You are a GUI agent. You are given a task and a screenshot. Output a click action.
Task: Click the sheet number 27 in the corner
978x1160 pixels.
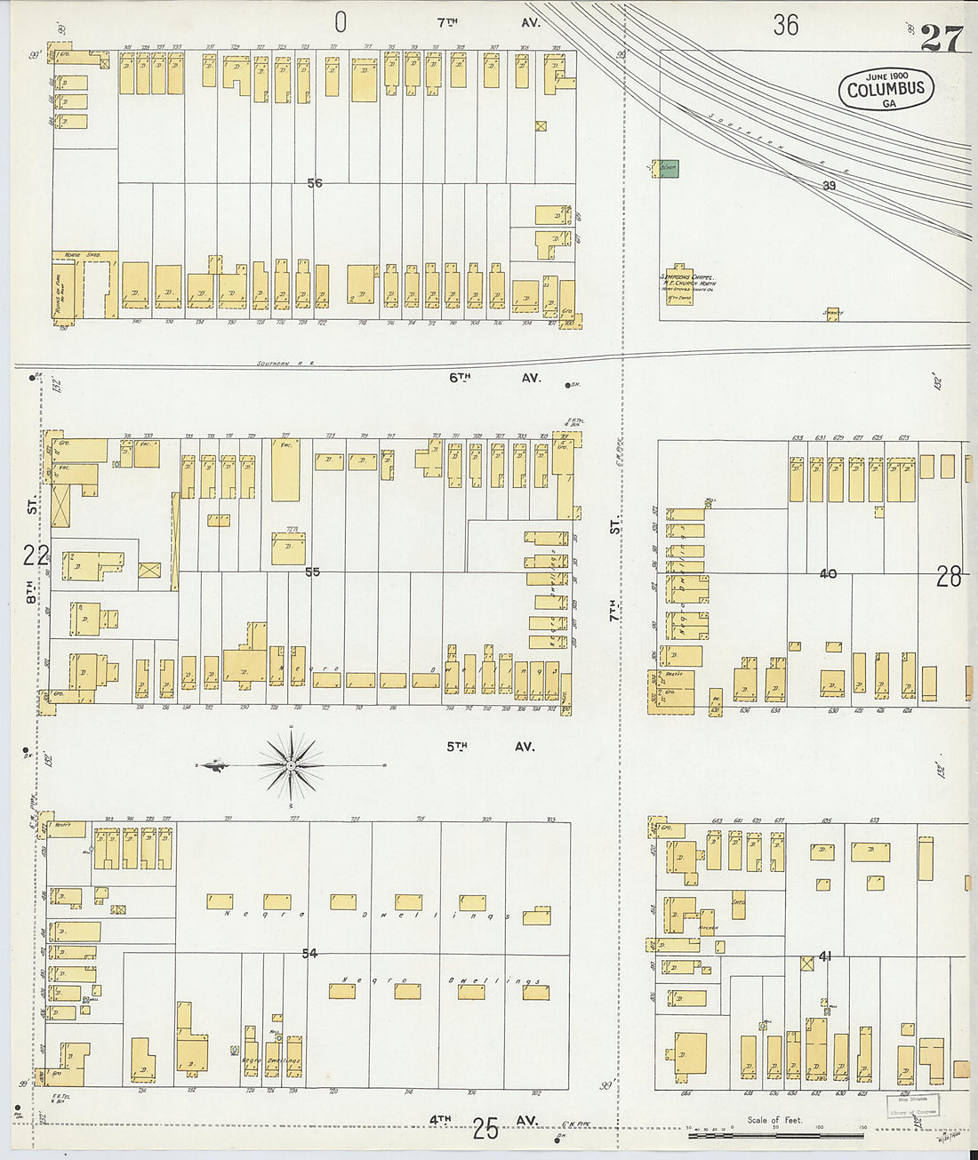pos(941,38)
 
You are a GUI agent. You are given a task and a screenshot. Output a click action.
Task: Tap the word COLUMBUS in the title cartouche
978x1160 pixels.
pos(886,89)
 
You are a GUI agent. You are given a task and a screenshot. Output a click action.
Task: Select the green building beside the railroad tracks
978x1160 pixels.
pos(668,168)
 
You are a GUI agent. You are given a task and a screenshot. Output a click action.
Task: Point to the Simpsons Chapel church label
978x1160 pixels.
pos(686,277)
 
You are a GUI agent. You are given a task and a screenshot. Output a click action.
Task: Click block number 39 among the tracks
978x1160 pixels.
pos(829,186)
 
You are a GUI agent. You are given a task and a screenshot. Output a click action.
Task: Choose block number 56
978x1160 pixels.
pos(314,183)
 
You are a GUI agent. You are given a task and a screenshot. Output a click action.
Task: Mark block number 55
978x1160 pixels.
pos(312,572)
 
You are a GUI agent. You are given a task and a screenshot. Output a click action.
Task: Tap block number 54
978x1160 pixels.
pos(309,954)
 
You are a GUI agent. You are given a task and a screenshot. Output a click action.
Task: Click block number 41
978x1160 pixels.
pos(825,956)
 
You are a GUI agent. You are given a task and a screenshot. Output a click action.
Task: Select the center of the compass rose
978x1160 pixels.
pos(292,764)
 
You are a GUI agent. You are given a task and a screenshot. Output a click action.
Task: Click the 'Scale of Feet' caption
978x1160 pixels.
pos(774,1119)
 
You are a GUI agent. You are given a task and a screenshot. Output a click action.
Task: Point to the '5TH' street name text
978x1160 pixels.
pos(457,747)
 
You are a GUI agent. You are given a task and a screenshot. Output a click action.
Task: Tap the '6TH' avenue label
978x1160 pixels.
pos(459,378)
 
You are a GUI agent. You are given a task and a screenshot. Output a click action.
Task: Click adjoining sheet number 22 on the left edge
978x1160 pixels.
pos(36,556)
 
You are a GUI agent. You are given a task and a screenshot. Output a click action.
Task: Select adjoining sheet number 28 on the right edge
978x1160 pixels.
pos(948,578)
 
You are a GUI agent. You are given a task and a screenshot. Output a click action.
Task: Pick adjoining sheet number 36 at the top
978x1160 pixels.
pos(785,25)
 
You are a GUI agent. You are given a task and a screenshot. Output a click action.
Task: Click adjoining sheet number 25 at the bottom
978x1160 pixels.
pos(485,1129)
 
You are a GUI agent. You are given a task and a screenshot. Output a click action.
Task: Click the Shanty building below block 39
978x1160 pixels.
pos(832,313)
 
